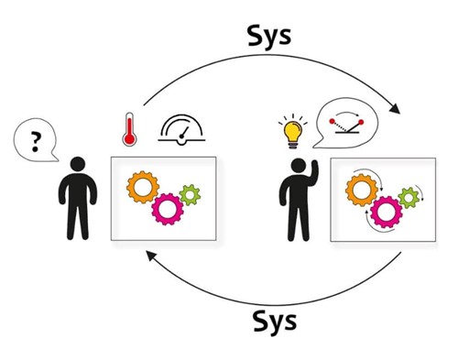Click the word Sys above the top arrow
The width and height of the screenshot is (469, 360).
click(x=269, y=38)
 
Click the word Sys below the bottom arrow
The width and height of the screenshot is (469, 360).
click(x=275, y=322)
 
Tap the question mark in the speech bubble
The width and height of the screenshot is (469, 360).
click(x=36, y=141)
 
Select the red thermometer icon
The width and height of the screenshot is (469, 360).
click(x=129, y=129)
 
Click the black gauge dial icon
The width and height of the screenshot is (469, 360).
click(x=181, y=130)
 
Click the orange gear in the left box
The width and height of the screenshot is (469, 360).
click(x=143, y=187)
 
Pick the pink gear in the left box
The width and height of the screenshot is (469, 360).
click(x=168, y=209)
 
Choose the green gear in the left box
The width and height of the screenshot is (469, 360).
click(x=190, y=195)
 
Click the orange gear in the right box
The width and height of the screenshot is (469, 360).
click(x=362, y=190)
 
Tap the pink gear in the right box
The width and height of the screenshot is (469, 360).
click(x=387, y=213)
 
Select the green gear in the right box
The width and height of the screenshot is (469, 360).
click(x=409, y=198)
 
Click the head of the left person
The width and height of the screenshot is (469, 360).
click(x=78, y=164)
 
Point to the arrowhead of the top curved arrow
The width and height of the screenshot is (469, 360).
click(x=396, y=109)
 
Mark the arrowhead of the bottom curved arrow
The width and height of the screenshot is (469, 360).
click(x=150, y=256)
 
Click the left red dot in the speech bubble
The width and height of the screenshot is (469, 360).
click(x=332, y=121)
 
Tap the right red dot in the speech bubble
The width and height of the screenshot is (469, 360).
click(x=361, y=122)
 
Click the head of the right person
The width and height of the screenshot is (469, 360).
click(x=299, y=166)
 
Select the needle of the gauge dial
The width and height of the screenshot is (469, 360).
click(x=184, y=132)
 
